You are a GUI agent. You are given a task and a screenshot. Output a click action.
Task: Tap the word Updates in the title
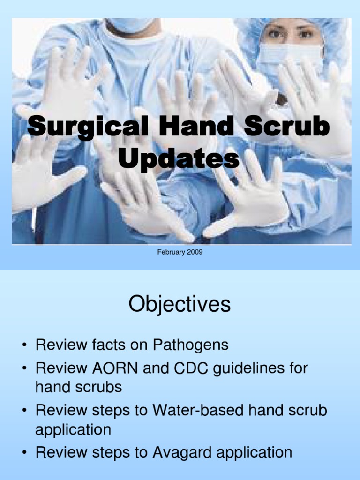click(x=179, y=159)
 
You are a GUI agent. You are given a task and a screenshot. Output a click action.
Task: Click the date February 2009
click(x=180, y=253)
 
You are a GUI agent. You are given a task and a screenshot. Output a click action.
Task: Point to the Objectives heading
click(x=180, y=305)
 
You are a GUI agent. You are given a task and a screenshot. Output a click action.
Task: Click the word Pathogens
click(x=190, y=345)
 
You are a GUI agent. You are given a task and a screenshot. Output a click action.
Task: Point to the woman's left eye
click(x=306, y=34)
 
